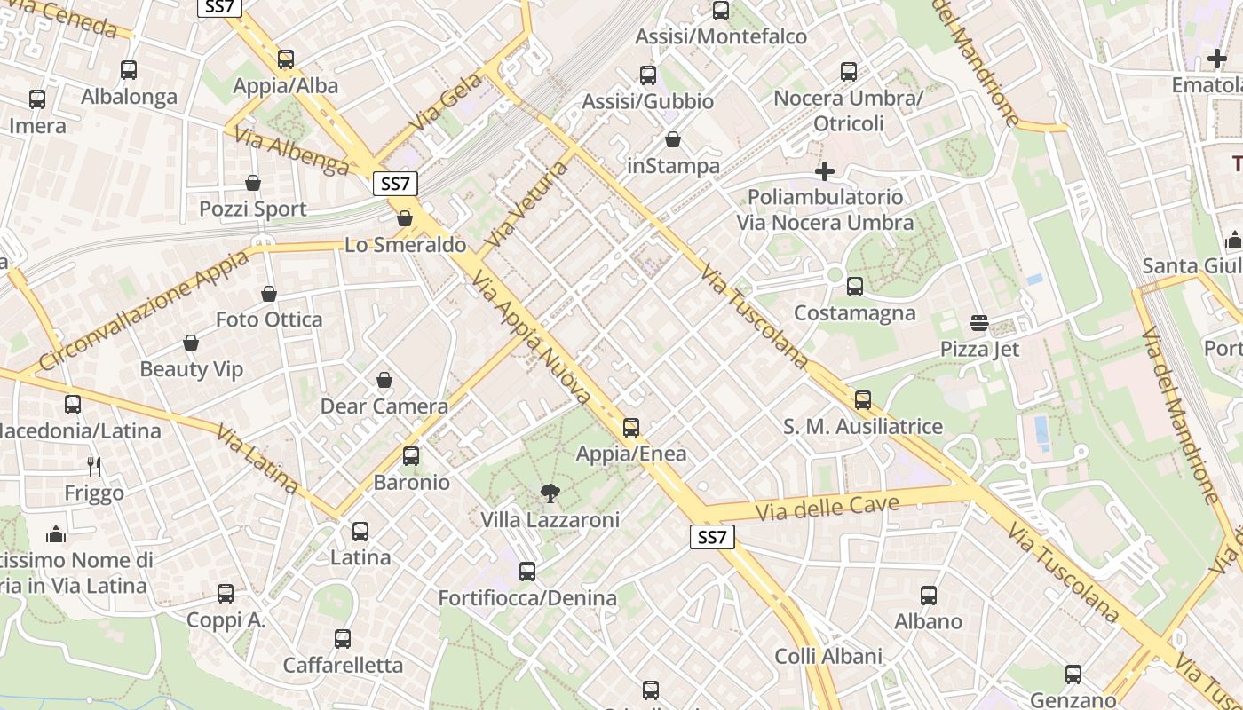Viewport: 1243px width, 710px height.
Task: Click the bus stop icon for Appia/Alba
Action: coord(286,59)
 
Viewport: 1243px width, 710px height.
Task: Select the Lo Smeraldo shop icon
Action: coord(405,218)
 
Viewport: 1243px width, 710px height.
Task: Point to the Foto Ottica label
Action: coord(269,319)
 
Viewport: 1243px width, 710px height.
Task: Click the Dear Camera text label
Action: coord(384,406)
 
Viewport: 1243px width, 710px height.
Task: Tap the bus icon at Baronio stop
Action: coord(411,456)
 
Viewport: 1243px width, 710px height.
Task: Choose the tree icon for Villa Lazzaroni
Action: coord(550,493)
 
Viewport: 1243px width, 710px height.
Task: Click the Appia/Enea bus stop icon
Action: coord(631,428)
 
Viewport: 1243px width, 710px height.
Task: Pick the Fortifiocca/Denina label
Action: coord(527,598)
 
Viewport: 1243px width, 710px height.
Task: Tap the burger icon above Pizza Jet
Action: coord(979,323)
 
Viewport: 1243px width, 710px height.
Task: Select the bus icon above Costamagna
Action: coord(855,287)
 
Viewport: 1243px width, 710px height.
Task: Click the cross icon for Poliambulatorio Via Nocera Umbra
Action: coord(825,170)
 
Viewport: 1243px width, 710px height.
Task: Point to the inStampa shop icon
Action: coord(673,140)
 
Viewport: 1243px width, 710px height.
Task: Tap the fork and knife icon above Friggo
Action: coord(94,466)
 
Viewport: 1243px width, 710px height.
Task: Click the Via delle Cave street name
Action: coord(827,508)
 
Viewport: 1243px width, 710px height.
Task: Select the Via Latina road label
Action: coord(257,459)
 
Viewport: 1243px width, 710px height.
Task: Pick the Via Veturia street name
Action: coord(526,204)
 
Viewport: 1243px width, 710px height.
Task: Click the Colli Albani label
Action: coord(828,657)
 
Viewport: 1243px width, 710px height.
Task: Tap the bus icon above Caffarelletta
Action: coord(343,638)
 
